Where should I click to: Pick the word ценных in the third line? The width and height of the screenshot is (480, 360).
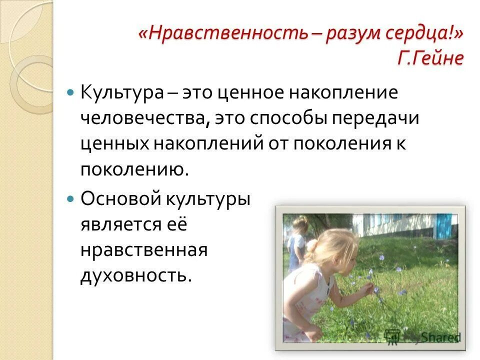click(114, 143)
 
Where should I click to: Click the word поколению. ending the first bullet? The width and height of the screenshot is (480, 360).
click(135, 169)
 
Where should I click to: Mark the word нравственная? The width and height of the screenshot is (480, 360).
click(143, 249)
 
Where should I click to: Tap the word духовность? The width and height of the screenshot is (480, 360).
click(136, 275)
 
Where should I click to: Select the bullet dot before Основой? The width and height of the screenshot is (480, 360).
click(70, 198)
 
